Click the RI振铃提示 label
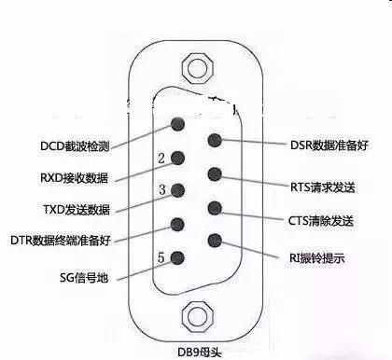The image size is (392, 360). [319, 257]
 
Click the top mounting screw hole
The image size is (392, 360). [196, 68]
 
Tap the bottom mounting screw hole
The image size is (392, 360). [196, 315]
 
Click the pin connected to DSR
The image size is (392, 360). [215, 141]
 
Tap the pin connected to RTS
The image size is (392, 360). [215, 174]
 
